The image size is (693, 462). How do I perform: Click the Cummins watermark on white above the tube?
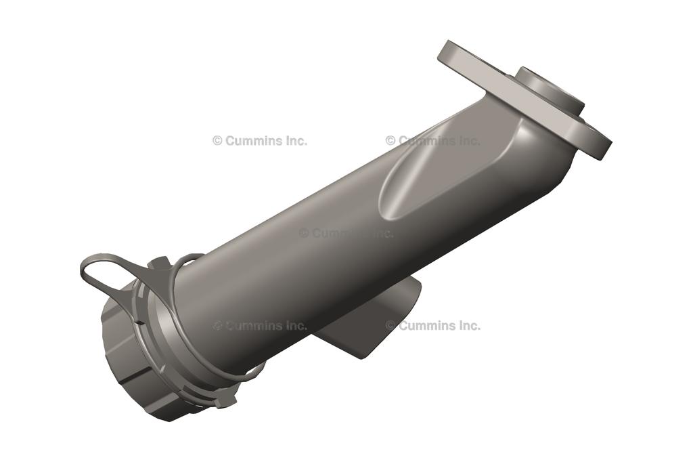[260, 141]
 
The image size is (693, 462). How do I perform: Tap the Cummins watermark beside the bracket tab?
[433, 325]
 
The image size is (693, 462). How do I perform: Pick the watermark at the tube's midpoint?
[346, 233]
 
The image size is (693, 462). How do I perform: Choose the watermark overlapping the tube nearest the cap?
[260, 326]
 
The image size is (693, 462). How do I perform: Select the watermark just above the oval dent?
[433, 141]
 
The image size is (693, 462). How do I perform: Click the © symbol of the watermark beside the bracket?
[390, 325]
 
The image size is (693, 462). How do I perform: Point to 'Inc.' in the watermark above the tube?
[294, 141]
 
